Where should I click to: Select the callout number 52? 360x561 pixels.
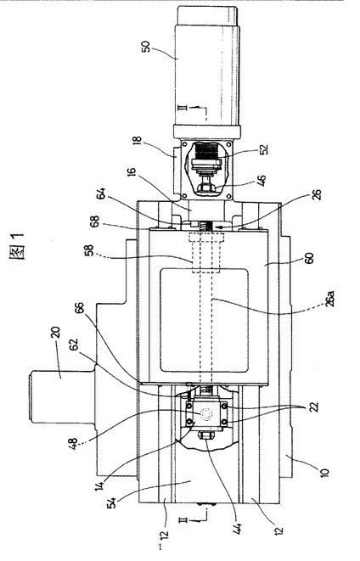(x=265, y=149)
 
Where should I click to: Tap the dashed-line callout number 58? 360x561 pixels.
(x=88, y=250)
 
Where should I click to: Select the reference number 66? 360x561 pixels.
(x=79, y=309)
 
